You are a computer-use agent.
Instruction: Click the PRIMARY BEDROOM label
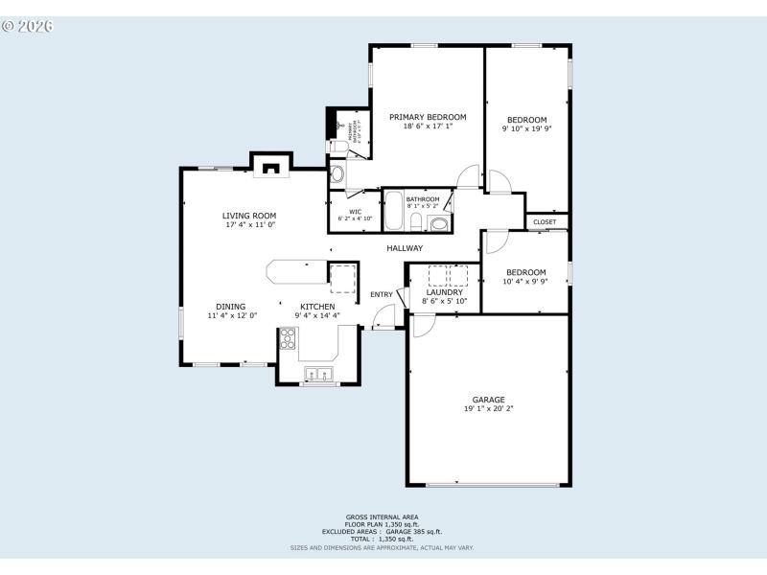tap(428, 117)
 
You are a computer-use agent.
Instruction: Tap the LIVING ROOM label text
tap(249, 216)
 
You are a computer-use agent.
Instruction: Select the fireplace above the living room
tap(271, 169)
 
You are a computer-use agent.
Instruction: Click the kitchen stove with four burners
tap(288, 337)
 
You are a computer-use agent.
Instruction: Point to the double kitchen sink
tap(318, 374)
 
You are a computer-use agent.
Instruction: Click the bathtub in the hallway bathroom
tap(394, 211)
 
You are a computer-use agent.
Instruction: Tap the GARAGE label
tap(488, 400)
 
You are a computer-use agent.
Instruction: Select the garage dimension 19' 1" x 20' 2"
tap(488, 409)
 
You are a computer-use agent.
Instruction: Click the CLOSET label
tap(545, 221)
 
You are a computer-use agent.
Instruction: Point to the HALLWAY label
tap(405, 248)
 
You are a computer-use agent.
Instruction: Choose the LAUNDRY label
tap(445, 291)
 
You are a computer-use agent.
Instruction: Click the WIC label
tap(355, 212)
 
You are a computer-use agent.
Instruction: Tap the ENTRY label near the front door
tap(381, 294)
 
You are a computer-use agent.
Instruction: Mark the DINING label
tap(230, 307)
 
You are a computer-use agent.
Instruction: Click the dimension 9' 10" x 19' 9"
tap(526, 128)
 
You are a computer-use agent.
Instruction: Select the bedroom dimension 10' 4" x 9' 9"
tap(526, 282)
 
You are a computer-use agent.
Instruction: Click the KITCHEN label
tap(317, 307)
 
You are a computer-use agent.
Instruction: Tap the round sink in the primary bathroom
tap(337, 174)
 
